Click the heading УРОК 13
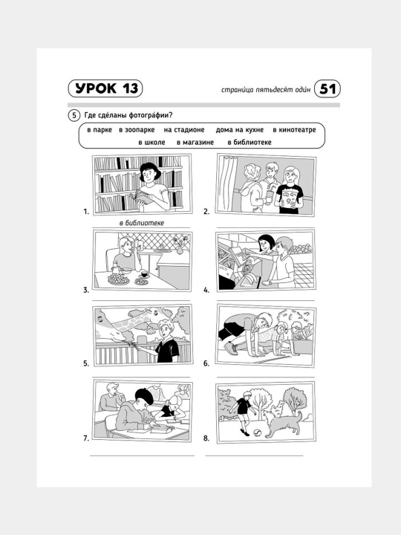105,88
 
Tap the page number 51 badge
327,89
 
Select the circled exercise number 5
74,115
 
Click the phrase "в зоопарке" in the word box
137,130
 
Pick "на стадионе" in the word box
184,130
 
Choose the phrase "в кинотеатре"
294,130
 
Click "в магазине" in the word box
195,142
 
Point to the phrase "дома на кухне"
240,130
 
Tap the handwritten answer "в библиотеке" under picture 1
142,223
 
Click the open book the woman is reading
142,198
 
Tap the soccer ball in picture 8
257,433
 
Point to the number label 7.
86,438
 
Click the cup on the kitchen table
144,274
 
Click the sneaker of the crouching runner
232,349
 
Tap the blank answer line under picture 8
254,455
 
